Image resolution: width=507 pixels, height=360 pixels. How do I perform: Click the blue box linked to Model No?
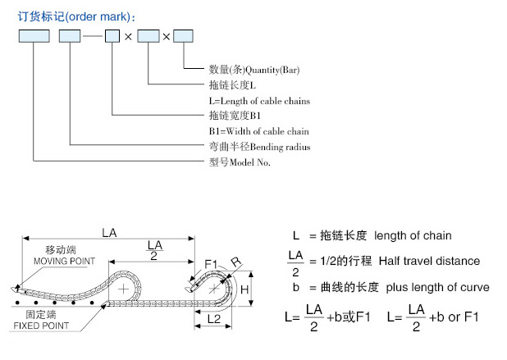coord(34,36)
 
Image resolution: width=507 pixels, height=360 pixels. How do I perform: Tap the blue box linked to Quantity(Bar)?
coord(184,36)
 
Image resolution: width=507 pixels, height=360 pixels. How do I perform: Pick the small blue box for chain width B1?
coord(112,36)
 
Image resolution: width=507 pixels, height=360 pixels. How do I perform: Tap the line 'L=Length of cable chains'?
coord(259,101)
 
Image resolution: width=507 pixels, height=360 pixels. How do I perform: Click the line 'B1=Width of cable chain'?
coord(258,131)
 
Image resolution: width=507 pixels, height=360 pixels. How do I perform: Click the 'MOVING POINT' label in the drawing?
coord(64,261)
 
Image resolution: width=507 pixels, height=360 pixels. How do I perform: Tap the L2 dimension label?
coord(212,317)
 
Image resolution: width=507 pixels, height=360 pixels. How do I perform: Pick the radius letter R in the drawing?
coord(235,262)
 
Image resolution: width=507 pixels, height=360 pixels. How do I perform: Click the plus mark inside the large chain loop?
coord(123,289)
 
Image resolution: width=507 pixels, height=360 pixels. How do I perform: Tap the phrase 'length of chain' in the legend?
coord(412,235)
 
